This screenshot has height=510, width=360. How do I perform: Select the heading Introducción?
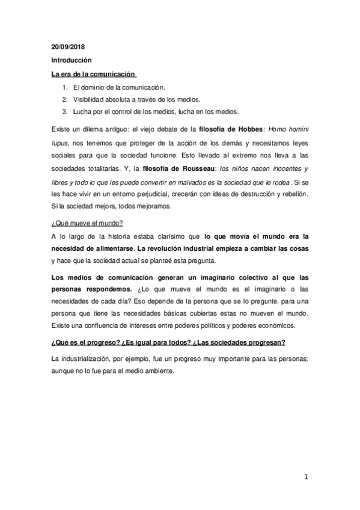point(70,60)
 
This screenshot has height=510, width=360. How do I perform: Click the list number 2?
point(64,99)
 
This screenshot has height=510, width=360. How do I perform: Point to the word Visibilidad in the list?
point(91,99)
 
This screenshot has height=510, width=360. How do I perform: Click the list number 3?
point(64,111)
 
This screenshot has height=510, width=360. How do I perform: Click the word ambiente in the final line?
point(158,371)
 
